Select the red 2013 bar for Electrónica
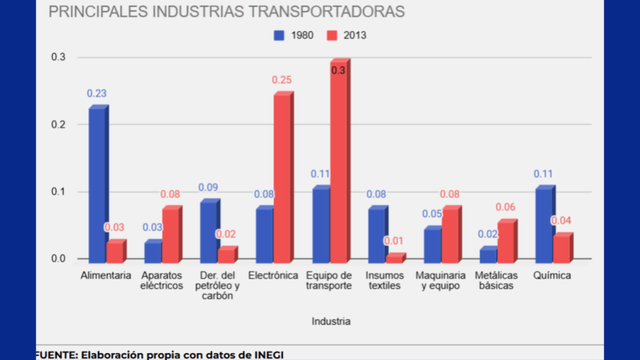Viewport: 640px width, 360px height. [x=282, y=178]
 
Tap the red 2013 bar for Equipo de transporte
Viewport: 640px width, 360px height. [x=338, y=162]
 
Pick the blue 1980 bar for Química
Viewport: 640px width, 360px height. [x=544, y=225]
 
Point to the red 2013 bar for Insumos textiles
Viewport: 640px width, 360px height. [x=394, y=258]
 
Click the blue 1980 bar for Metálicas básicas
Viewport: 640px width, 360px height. [x=488, y=255]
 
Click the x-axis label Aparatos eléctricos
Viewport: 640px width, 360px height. [x=162, y=281]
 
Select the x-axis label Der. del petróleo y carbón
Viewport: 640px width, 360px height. [x=217, y=286]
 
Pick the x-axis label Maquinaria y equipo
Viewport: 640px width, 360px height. [x=441, y=281]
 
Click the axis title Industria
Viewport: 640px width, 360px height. [x=331, y=322]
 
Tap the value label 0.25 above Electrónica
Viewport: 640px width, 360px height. [x=281, y=80]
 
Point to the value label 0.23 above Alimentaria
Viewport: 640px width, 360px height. [x=96, y=94]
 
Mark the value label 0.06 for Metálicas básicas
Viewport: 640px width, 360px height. [x=506, y=207]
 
